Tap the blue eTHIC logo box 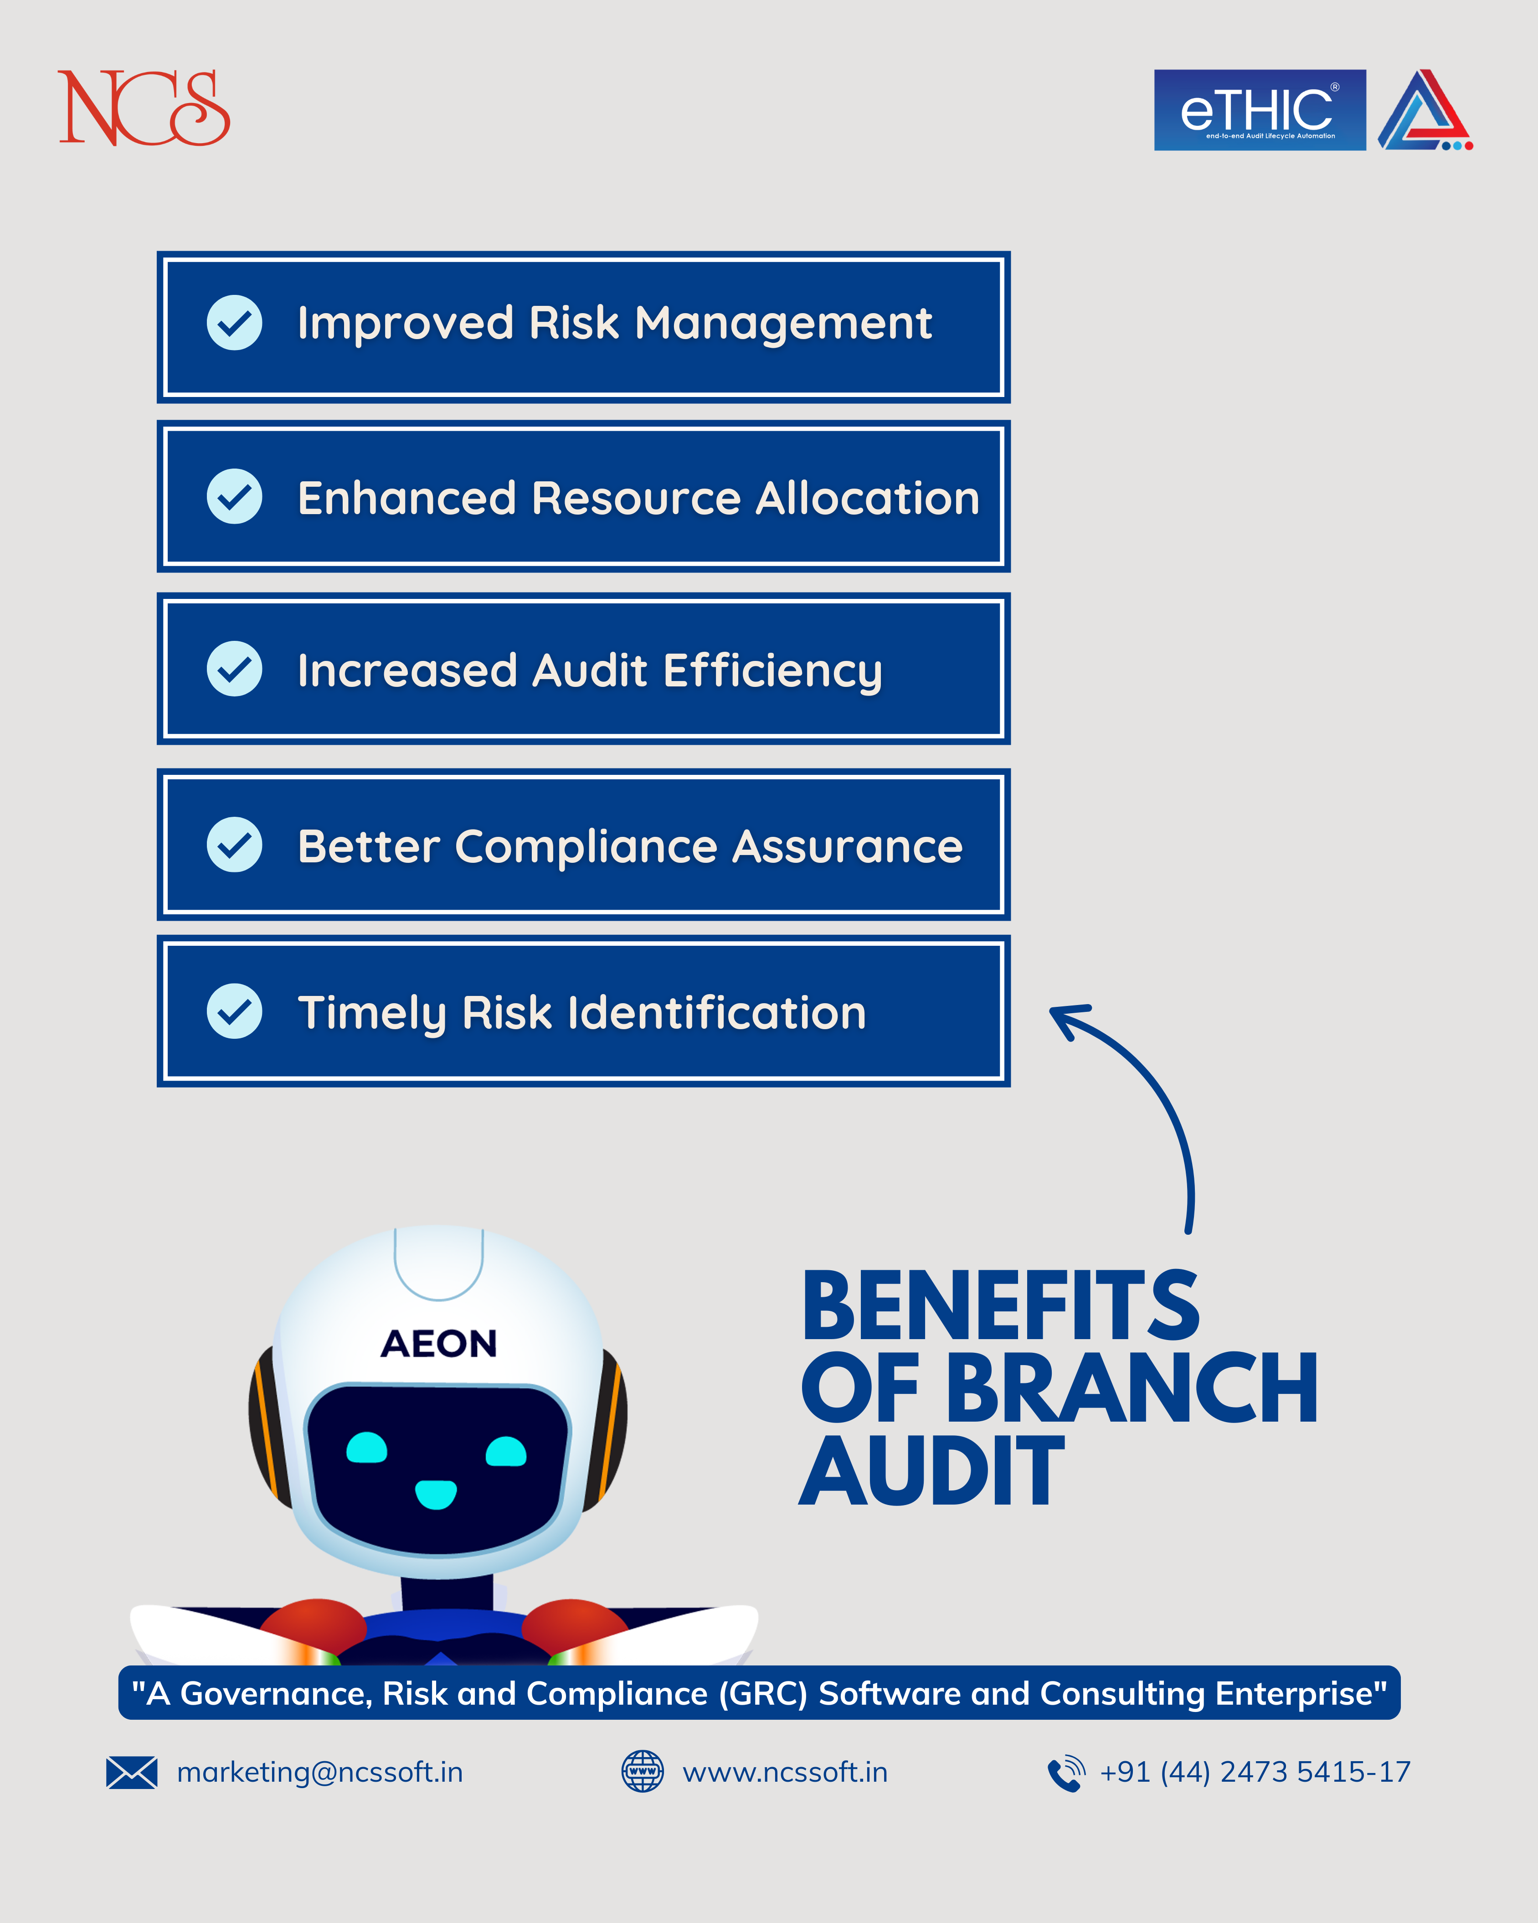click(x=1260, y=110)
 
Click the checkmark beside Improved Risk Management click(x=235, y=322)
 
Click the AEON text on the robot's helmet click(x=439, y=1343)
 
